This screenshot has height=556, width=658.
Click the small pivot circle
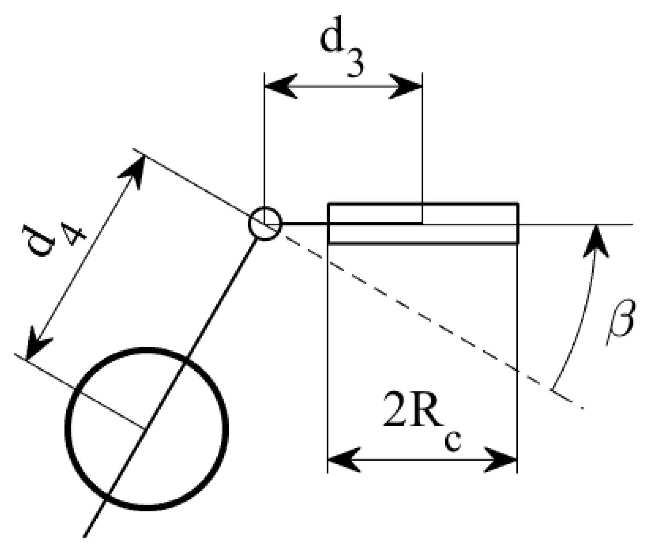point(265,223)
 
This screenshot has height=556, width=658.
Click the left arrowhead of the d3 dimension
point(280,86)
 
